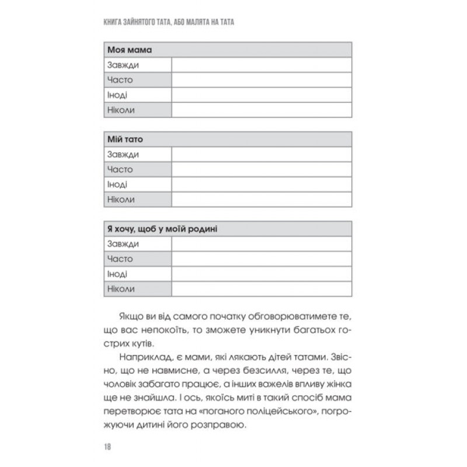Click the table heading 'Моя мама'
126,50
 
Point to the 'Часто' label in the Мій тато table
120,169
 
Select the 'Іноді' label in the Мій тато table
117,184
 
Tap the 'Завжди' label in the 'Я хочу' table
123,244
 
